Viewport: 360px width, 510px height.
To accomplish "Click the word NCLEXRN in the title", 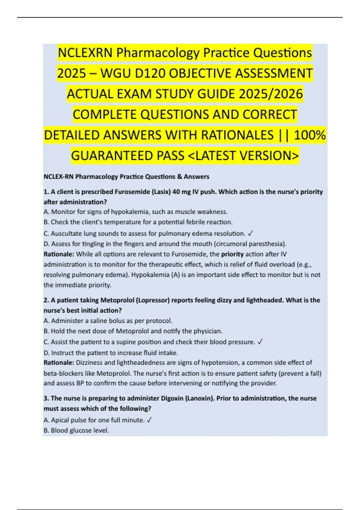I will point(85,53).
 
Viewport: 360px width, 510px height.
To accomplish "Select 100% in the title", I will point(310,135).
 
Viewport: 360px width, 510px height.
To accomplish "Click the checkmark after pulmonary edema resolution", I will point(251,233).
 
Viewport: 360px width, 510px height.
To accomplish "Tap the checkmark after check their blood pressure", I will point(260,342).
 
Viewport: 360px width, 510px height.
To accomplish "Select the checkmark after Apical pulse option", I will point(149,420).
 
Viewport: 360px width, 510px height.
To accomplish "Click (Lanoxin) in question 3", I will point(199,398).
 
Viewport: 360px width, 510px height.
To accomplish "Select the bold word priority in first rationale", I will point(232,254).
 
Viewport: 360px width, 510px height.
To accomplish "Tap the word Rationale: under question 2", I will point(59,363).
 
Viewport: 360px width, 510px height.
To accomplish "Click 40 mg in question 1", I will point(180,192).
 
